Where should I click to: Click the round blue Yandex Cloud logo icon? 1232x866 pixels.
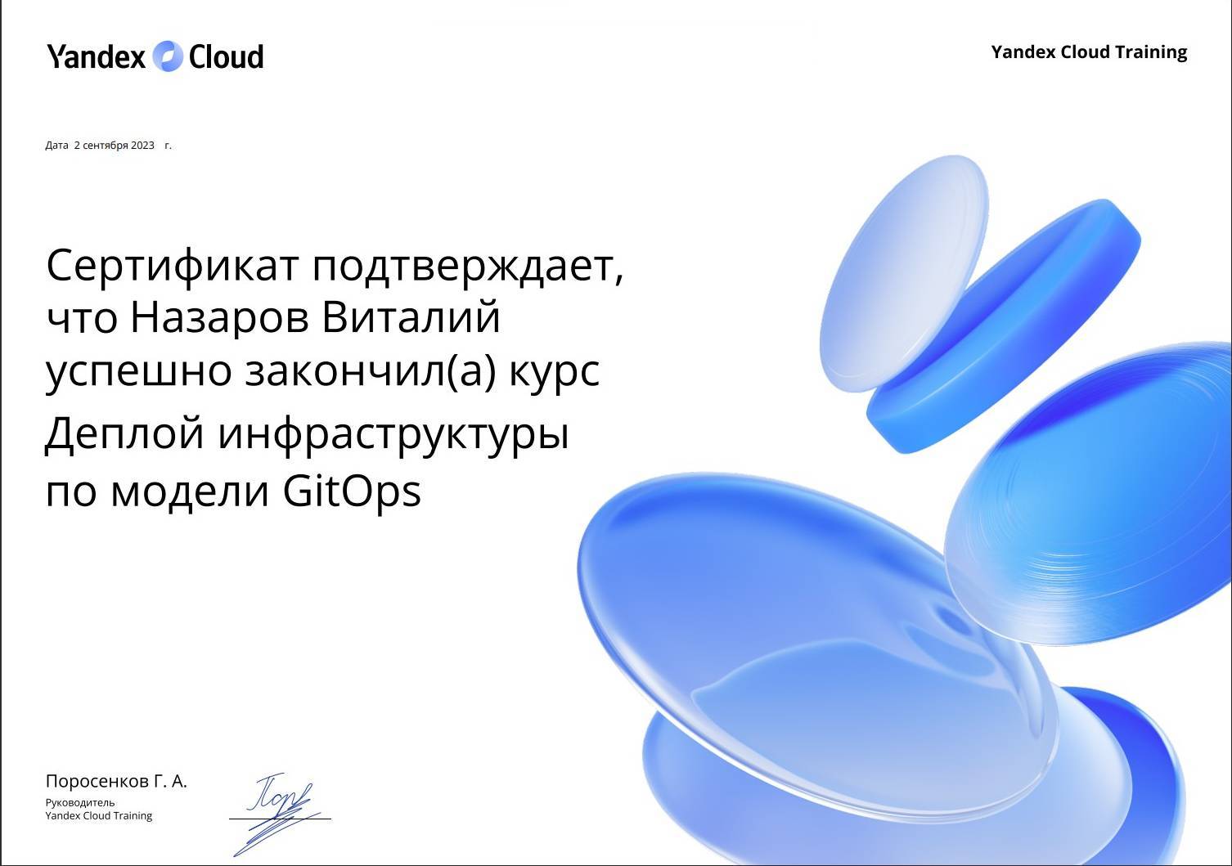click(x=167, y=56)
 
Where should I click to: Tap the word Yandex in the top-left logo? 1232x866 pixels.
click(x=96, y=56)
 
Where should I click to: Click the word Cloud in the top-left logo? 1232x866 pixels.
click(x=226, y=56)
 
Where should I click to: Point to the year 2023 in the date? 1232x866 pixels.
click(x=142, y=146)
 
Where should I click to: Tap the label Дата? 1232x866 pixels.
click(x=56, y=146)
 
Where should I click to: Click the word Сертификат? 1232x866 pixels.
click(x=172, y=266)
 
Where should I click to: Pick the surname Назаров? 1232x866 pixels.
click(x=219, y=317)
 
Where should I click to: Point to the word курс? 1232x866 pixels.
click(x=555, y=372)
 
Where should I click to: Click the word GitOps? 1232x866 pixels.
click(x=352, y=491)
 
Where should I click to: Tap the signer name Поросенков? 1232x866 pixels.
click(x=97, y=781)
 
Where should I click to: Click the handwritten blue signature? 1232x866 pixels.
click(x=280, y=813)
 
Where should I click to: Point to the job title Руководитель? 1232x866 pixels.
click(x=80, y=803)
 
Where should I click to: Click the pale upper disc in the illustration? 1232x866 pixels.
click(x=903, y=273)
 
